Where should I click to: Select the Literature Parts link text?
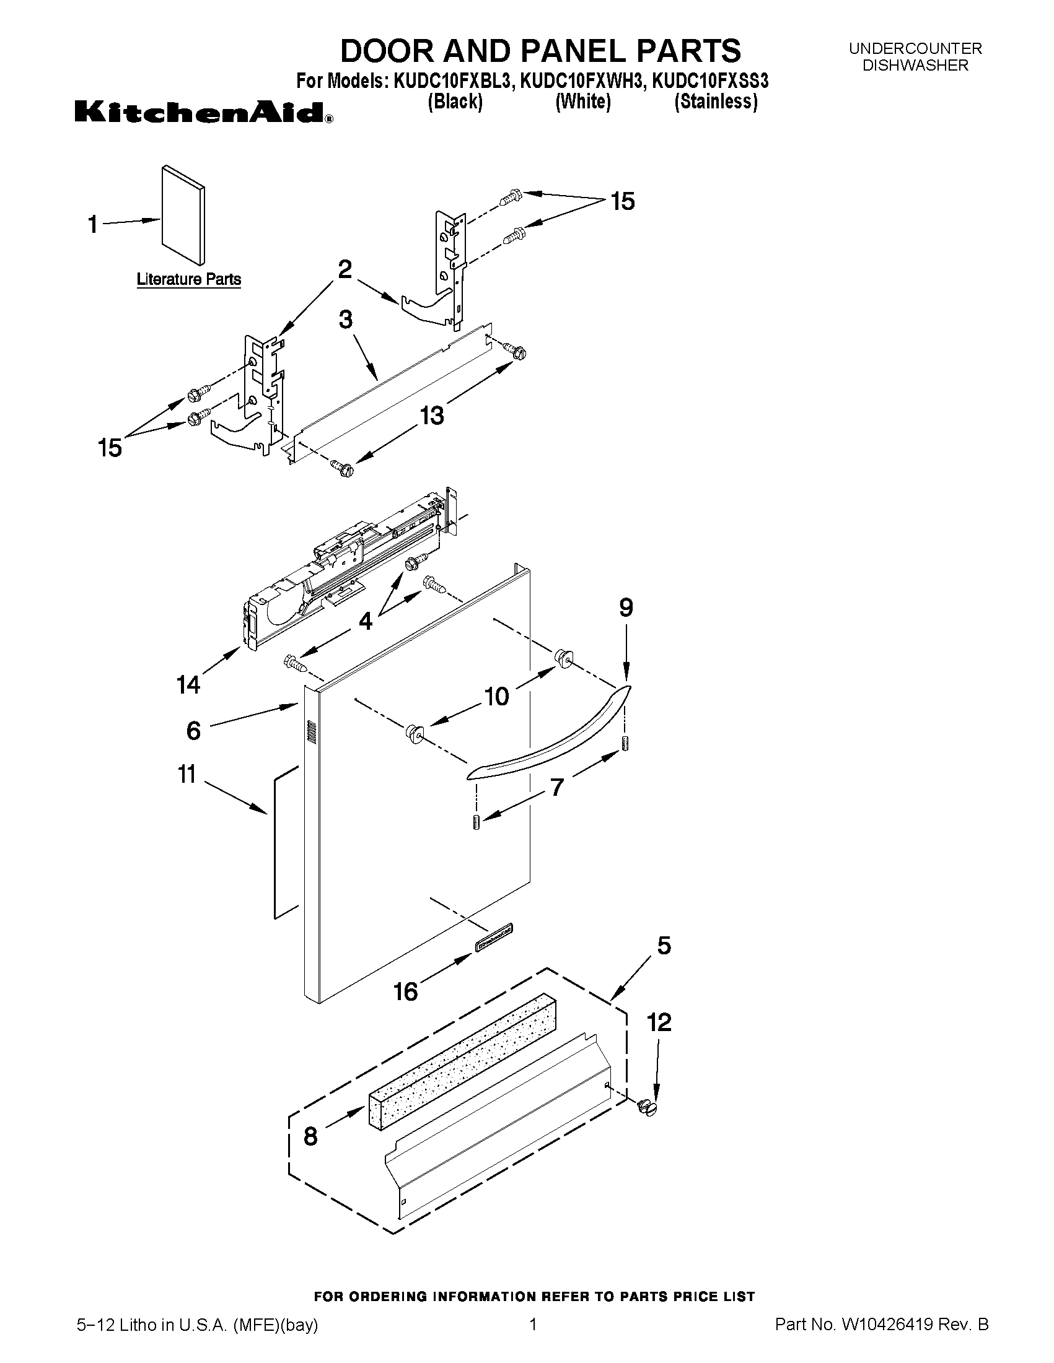point(188,279)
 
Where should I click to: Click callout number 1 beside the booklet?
point(93,224)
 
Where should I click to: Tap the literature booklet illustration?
point(182,216)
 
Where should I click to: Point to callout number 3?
point(345,320)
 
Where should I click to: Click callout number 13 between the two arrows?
point(431,415)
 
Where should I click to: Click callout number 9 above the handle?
point(626,607)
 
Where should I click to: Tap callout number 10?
point(496,696)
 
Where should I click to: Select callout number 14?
point(188,685)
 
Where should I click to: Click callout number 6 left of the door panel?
point(193,729)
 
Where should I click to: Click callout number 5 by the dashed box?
point(664,946)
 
